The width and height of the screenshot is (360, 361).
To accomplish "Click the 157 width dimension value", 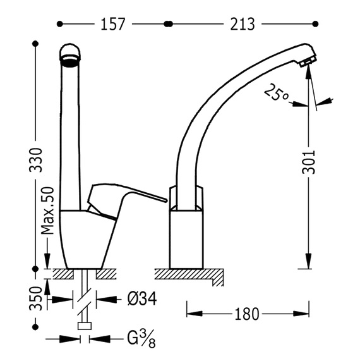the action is point(113,24).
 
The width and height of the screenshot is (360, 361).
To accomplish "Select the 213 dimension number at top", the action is point(243,24).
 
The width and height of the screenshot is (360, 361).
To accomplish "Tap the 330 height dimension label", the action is point(36,160).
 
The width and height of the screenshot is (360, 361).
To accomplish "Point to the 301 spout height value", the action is point(308,162).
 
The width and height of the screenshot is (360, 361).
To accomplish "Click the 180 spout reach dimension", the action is point(247,314).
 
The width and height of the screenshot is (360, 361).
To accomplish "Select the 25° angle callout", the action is point(276,92).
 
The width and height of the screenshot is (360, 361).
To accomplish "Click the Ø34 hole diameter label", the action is point(142,299).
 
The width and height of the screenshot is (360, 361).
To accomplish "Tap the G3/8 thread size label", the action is point(141,340).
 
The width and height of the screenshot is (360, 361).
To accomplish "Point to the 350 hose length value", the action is point(36,298).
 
